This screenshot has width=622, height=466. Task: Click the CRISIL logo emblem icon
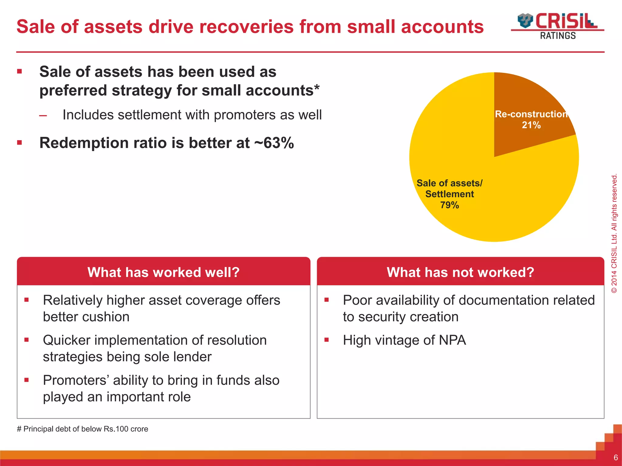click(525, 21)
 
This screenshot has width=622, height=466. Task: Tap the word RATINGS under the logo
click(558, 36)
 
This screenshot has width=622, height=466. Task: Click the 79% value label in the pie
click(449, 205)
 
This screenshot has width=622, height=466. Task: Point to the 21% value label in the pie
click(531, 125)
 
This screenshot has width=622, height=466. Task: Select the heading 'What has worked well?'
click(163, 272)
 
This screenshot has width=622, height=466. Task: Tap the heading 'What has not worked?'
click(460, 272)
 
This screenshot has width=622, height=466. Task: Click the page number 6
click(616, 458)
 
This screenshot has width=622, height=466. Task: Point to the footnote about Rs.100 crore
click(83, 429)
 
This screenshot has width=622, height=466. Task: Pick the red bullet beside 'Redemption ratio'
click(20, 143)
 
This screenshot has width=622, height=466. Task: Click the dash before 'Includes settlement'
click(43, 116)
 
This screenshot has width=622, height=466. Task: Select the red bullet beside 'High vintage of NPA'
click(326, 340)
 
